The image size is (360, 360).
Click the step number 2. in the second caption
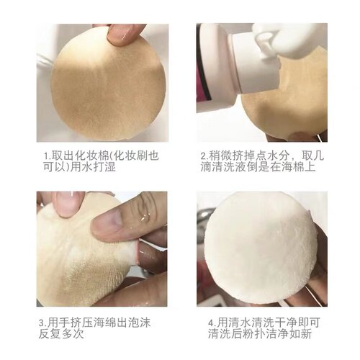[x=204, y=156]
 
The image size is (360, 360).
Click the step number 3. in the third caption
[x=43, y=323]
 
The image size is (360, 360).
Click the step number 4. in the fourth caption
[x=212, y=323]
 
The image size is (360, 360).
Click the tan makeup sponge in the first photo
[x=109, y=84]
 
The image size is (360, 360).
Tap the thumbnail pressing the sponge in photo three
[x=113, y=220]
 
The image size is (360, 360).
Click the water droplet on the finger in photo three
[x=144, y=218]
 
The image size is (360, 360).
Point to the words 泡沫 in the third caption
[x=139, y=323]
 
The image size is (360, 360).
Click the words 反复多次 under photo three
[x=61, y=334]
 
